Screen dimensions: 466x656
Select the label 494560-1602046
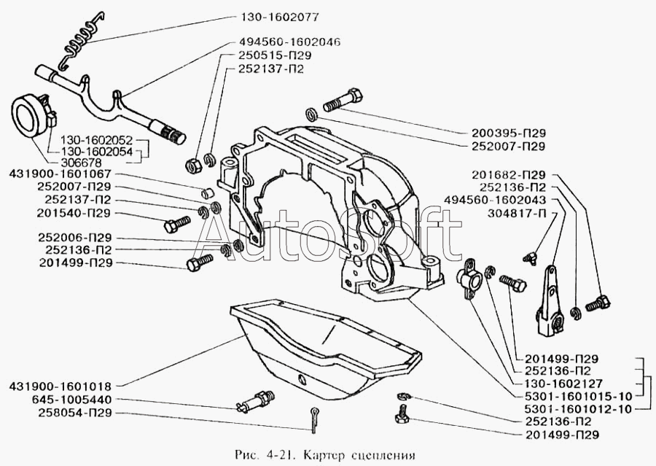tap(289, 42)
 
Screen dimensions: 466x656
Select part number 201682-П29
tap(514, 175)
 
